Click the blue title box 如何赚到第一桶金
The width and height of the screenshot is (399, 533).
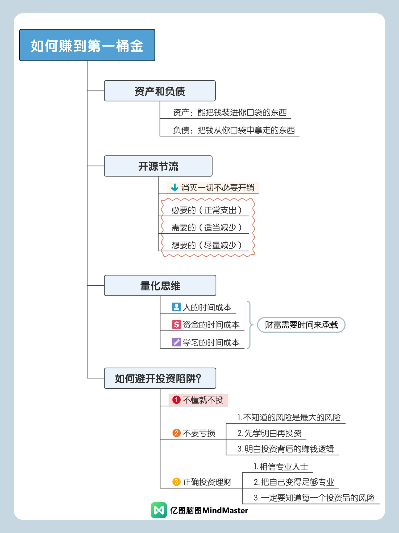click(87, 45)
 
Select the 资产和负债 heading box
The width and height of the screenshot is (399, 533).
click(160, 91)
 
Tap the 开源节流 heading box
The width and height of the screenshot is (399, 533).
click(158, 166)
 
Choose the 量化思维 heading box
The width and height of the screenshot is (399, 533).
click(160, 285)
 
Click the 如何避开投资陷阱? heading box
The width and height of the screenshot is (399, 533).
click(160, 378)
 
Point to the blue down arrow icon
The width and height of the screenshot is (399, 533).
click(174, 188)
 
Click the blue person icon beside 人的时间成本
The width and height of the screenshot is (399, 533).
click(176, 307)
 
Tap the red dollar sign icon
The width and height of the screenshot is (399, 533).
click(176, 324)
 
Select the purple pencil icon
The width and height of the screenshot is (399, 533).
click(176, 342)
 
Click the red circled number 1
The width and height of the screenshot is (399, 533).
click(176, 400)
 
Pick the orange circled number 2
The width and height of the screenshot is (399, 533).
click(176, 433)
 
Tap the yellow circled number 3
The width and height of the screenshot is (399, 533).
click(176, 482)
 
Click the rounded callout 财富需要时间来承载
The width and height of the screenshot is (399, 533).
click(301, 325)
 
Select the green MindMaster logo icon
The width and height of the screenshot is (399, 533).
click(159, 510)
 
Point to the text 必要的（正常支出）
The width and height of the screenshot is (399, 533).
click(206, 210)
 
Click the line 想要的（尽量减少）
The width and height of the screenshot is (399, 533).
click(206, 245)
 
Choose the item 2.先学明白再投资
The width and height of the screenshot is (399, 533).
click(269, 433)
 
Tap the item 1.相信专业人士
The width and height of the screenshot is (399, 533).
click(281, 467)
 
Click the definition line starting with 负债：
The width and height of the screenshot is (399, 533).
click(234, 130)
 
